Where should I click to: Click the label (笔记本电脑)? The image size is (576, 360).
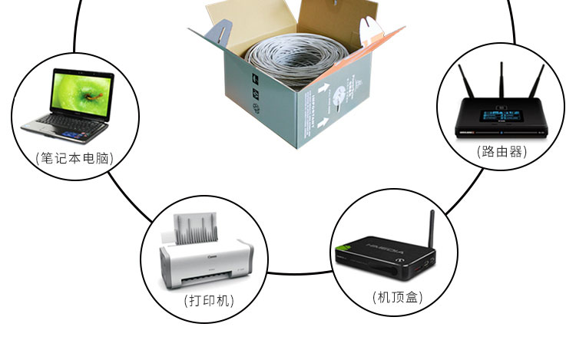pyautogui.click(x=74, y=158)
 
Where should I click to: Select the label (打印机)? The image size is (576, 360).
pyautogui.click(x=210, y=300)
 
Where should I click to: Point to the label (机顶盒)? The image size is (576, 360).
pyautogui.click(x=397, y=296)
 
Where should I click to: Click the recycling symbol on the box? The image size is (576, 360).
pyautogui.click(x=256, y=100)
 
